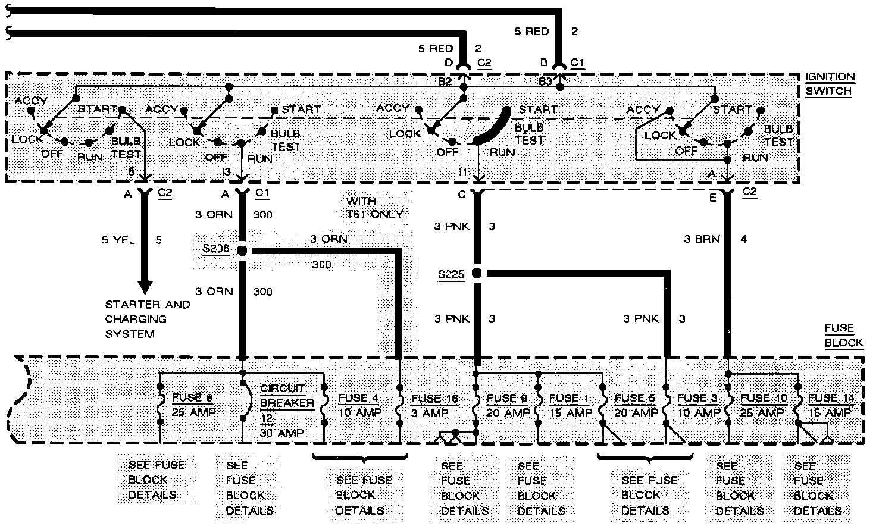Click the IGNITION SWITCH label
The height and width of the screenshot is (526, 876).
[x=830, y=84]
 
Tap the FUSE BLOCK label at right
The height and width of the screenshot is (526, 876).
[x=843, y=336]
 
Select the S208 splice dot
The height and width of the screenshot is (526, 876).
[x=242, y=251]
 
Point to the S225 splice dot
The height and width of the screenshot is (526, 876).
[x=476, y=274]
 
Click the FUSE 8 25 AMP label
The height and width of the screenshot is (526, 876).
[x=192, y=405]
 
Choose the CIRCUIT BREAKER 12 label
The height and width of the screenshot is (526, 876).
[x=286, y=411]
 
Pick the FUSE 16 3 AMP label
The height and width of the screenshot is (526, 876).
[x=434, y=406]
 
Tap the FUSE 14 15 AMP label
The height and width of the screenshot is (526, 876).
[x=831, y=405]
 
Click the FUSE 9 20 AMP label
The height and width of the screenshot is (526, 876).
[x=508, y=405]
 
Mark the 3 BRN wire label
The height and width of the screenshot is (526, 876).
[x=702, y=239]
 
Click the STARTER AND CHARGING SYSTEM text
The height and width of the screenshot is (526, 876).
[x=147, y=319]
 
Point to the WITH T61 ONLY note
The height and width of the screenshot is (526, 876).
[x=375, y=208]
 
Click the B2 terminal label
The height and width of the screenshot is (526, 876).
[x=445, y=82]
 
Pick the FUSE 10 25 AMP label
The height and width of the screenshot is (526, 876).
[x=763, y=405]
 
